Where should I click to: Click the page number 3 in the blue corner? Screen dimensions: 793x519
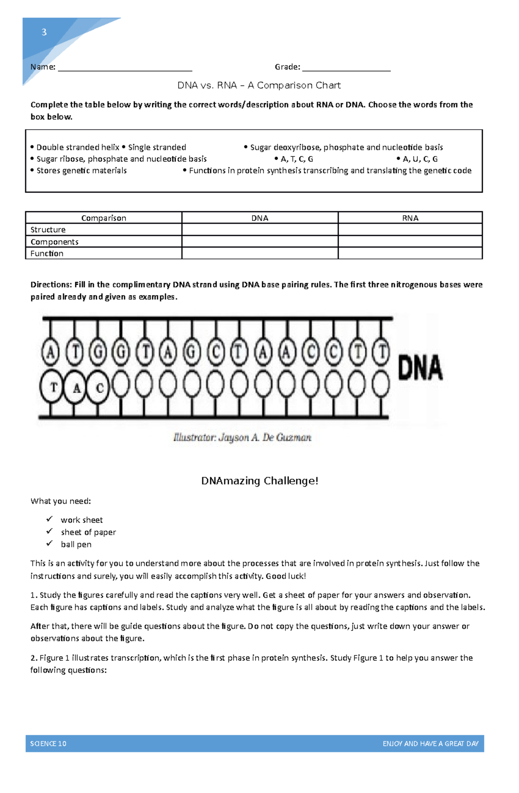pyautogui.click(x=44, y=32)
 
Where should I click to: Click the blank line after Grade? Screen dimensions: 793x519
pyautogui.click(x=346, y=69)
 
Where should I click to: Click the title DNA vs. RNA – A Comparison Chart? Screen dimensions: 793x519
pyautogui.click(x=259, y=85)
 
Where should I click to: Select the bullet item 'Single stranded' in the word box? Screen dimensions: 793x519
pyautogui.click(x=157, y=147)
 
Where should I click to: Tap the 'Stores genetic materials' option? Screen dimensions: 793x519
pyautogui.click(x=81, y=171)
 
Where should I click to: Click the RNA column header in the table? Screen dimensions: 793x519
pyautogui.click(x=410, y=218)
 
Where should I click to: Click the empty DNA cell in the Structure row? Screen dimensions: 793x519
pyautogui.click(x=259, y=229)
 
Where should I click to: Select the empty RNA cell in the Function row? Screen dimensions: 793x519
pyautogui.click(x=410, y=253)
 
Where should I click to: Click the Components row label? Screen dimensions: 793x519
pyautogui.click(x=54, y=242)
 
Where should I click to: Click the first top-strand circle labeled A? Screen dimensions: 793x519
pyautogui.click(x=50, y=353)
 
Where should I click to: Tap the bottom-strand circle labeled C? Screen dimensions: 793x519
pyautogui.click(x=99, y=387)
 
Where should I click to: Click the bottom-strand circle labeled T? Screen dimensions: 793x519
pyautogui.click(x=52, y=386)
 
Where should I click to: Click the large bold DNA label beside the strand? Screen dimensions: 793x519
pyautogui.click(x=420, y=368)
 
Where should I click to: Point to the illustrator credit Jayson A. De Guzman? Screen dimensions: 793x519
pyautogui.click(x=242, y=437)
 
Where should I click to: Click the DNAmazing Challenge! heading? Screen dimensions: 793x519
pyautogui.click(x=259, y=481)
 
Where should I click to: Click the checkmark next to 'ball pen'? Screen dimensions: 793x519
pyautogui.click(x=49, y=543)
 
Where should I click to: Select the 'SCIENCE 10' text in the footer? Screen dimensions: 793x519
pyautogui.click(x=48, y=744)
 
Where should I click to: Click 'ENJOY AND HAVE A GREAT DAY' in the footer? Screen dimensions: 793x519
pyautogui.click(x=430, y=744)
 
